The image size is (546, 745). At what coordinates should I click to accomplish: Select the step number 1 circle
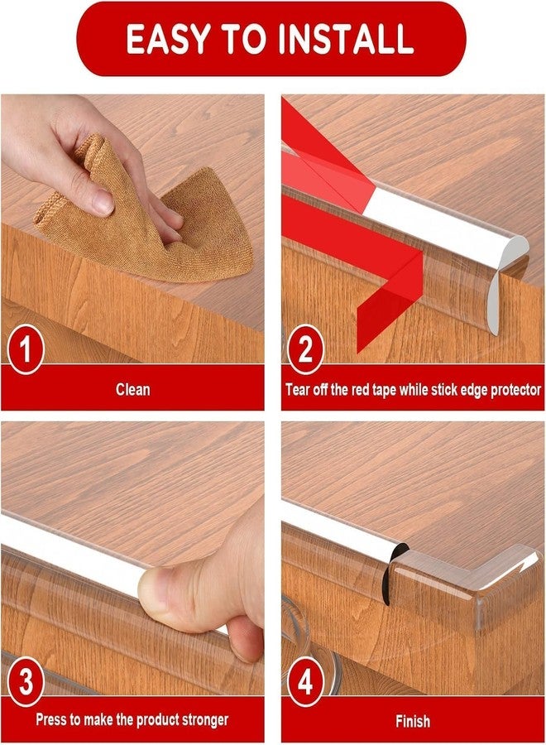click(x=26, y=349)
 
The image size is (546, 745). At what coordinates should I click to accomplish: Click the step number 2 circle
click(x=305, y=349)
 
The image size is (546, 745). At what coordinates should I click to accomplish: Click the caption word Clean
click(x=133, y=390)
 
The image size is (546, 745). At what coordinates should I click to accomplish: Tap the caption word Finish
click(x=413, y=721)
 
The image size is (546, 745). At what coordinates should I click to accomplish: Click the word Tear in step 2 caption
click(x=297, y=390)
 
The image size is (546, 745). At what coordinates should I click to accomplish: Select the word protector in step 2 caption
click(x=515, y=391)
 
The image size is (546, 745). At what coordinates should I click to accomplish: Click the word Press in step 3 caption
click(x=50, y=720)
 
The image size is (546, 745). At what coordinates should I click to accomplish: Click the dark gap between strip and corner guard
click(x=393, y=570)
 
